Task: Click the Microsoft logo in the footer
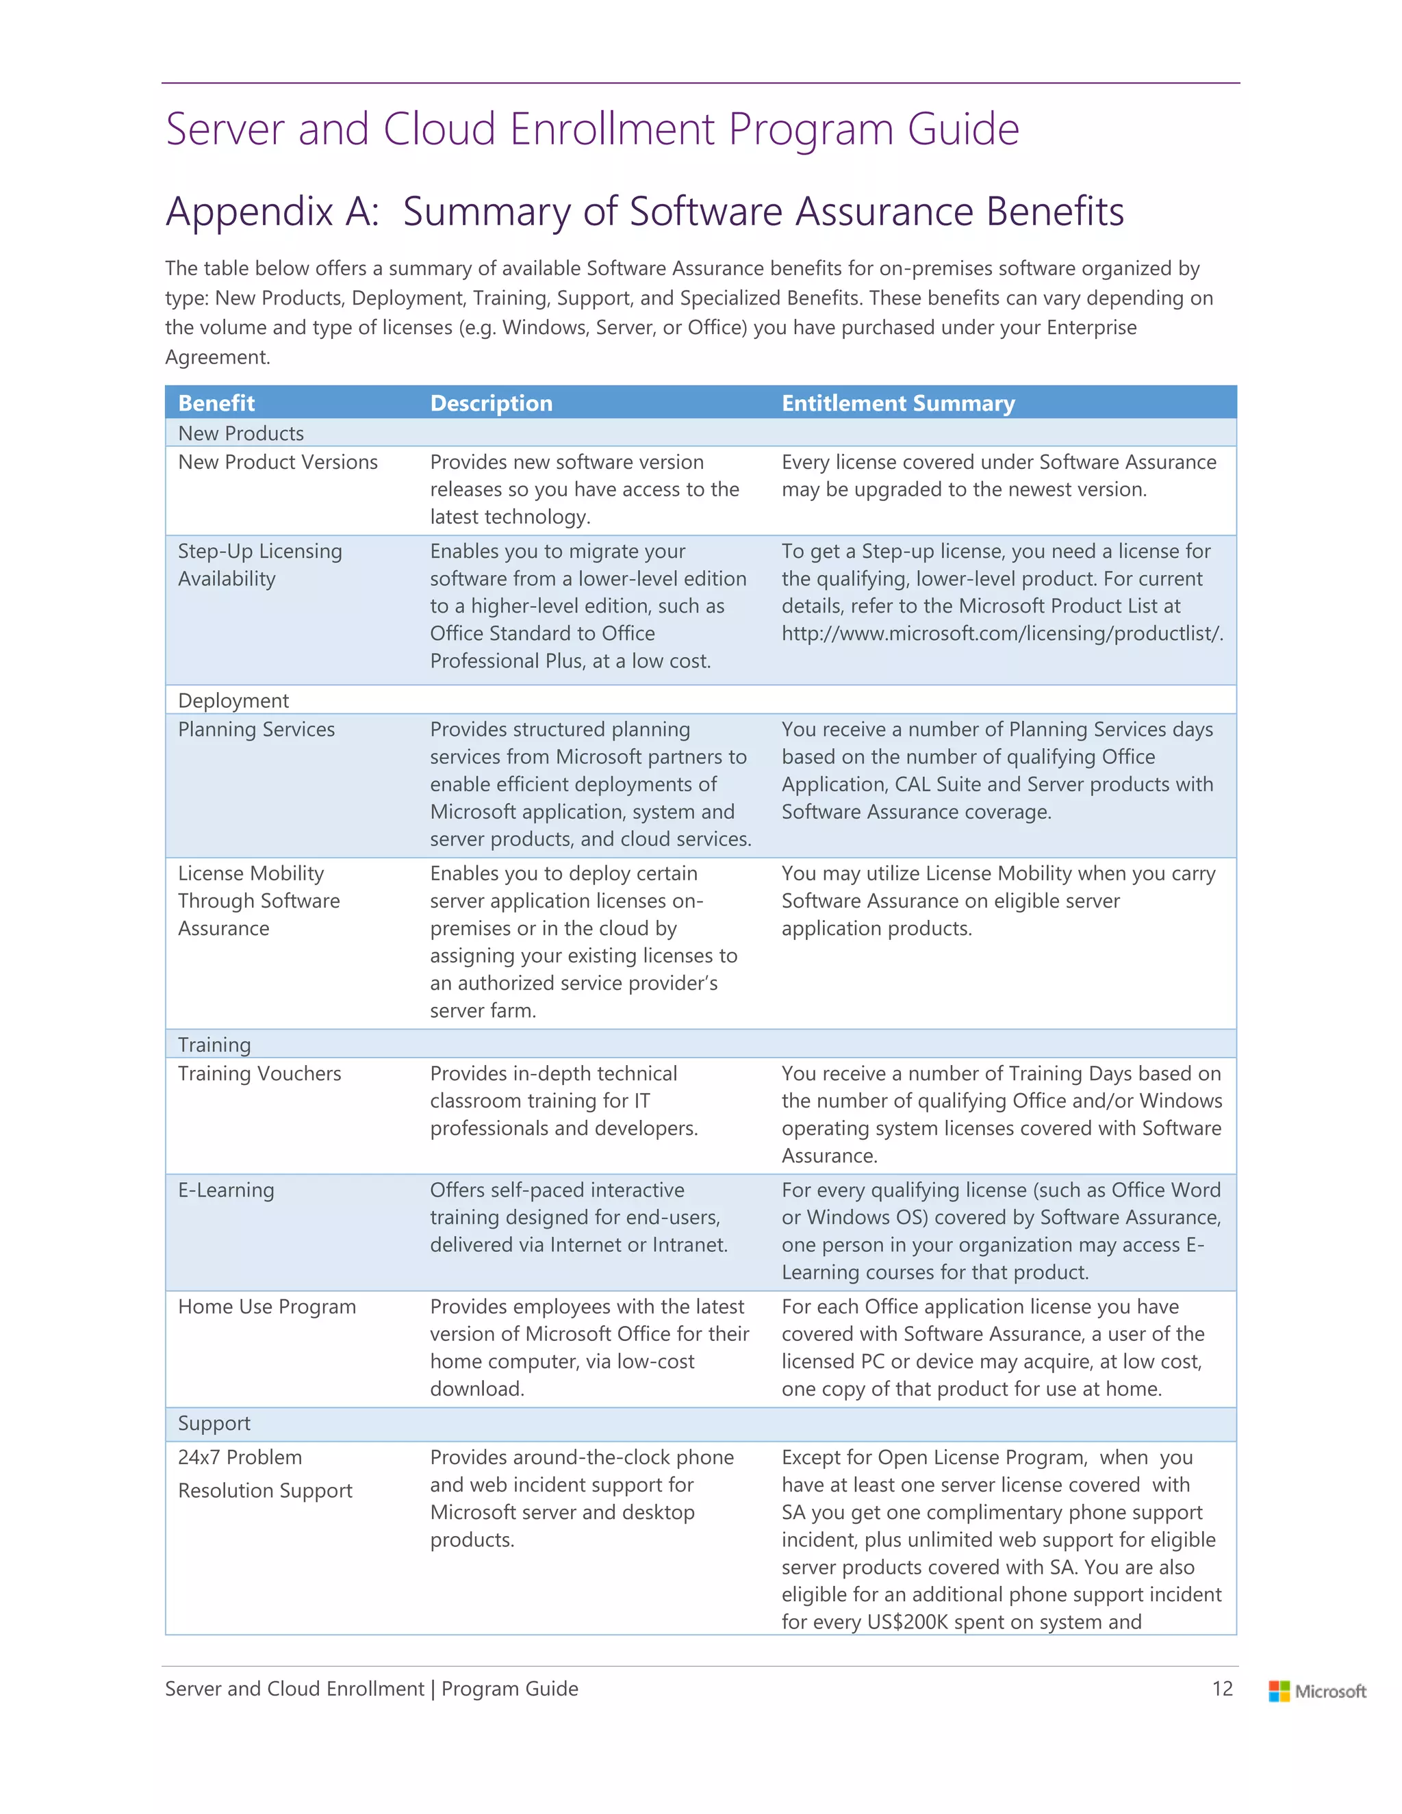tap(1316, 1691)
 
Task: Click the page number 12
tap(1222, 1689)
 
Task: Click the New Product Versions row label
tap(277, 462)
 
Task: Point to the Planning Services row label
tap(256, 729)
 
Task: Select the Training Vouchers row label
tap(259, 1073)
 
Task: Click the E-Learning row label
tap(226, 1190)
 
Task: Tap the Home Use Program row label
tap(266, 1307)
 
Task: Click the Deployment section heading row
tap(233, 700)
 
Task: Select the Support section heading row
tap(214, 1423)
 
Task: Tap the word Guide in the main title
tap(963, 129)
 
